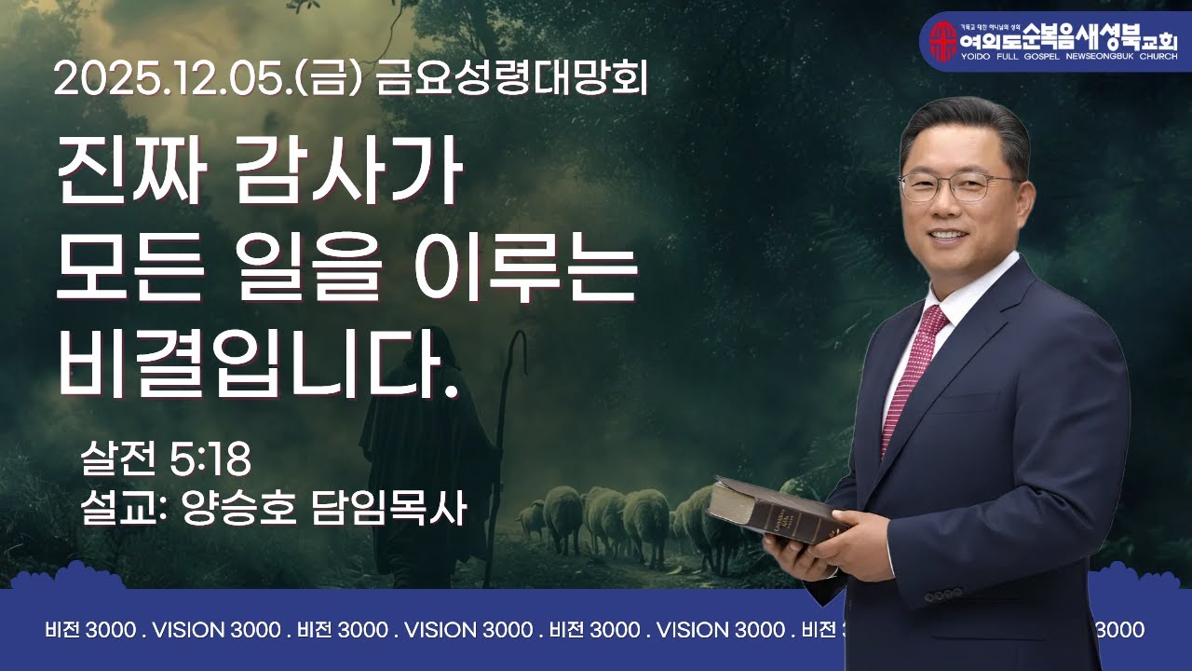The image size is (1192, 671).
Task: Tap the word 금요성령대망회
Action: (512, 80)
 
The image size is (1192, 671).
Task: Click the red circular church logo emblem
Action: (943, 40)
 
